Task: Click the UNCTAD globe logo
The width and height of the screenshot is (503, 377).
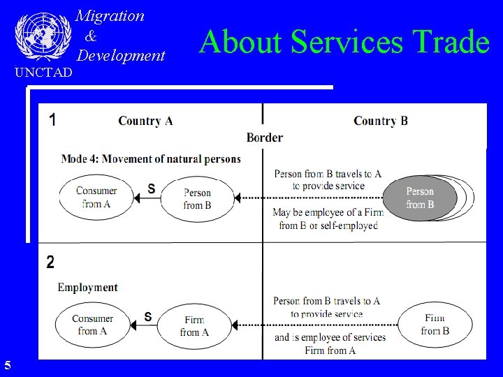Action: pyautogui.click(x=43, y=35)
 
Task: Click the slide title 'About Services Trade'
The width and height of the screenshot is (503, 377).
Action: pyautogui.click(x=344, y=41)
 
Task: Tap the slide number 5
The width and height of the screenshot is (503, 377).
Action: pyautogui.click(x=7, y=364)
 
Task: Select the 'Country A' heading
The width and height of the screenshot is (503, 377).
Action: pyautogui.click(x=145, y=121)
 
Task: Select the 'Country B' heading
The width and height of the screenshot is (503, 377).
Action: pyautogui.click(x=381, y=121)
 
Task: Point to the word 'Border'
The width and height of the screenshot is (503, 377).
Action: pyautogui.click(x=265, y=138)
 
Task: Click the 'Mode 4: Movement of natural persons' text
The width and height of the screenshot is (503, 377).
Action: pyautogui.click(x=151, y=159)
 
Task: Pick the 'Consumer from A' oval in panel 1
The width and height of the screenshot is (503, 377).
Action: pyautogui.click(x=96, y=198)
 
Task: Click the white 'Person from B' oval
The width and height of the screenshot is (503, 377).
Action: pyautogui.click(x=197, y=199)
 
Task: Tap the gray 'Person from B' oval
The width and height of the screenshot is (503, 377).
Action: pyautogui.click(x=420, y=198)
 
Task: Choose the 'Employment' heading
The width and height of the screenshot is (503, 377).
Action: pyautogui.click(x=87, y=287)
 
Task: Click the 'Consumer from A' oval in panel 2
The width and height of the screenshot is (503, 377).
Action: pyautogui.click(x=92, y=325)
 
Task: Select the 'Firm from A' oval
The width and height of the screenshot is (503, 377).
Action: pyautogui.click(x=194, y=326)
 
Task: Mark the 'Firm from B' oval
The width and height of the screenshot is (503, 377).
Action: pyautogui.click(x=435, y=325)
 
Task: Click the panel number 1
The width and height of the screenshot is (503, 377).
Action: pyautogui.click(x=53, y=119)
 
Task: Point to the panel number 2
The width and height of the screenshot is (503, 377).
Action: pyautogui.click(x=50, y=263)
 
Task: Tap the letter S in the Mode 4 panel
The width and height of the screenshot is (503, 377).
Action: pyautogui.click(x=151, y=188)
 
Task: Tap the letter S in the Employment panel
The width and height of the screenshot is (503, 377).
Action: pyautogui.click(x=148, y=316)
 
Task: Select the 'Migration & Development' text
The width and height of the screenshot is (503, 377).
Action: pyautogui.click(x=120, y=36)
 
